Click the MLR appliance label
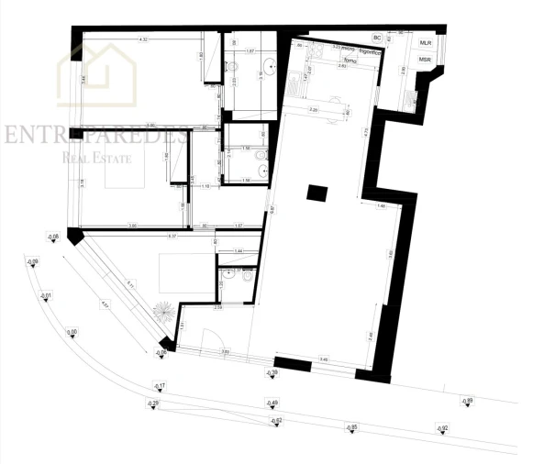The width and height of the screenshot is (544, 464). coord(426,43)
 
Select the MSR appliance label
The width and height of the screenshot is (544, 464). coord(426,59)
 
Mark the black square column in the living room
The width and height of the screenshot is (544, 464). coord(316,193)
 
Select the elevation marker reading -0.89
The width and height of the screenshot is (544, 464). coord(467,400)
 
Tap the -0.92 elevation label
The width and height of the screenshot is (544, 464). coord(443,429)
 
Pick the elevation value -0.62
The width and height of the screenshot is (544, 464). coord(274,420)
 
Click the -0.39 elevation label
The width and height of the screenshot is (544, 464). coord(272,373)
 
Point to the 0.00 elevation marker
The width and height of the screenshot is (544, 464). coord(72,332)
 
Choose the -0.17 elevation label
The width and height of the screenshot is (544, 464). coord(160,386)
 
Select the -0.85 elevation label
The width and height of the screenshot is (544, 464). coord(350,427)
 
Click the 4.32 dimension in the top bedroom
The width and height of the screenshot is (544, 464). coord(143,40)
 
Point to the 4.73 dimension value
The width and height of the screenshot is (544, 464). coord(364,131)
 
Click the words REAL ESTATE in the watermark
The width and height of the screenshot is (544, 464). coord(97,160)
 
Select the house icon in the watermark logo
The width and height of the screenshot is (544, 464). coord(97,73)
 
